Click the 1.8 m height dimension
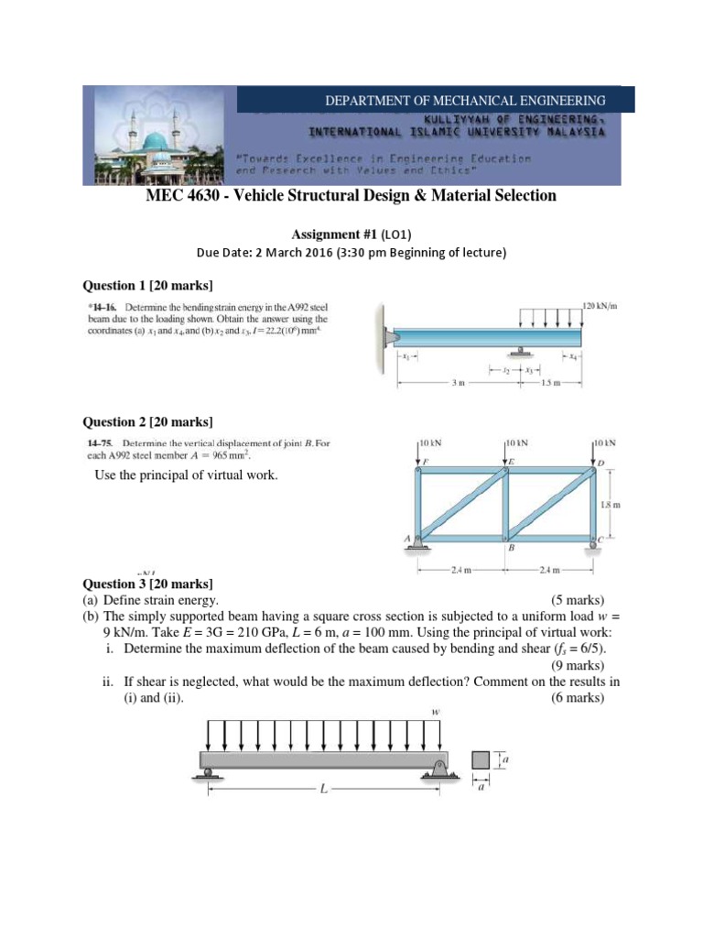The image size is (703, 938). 611,504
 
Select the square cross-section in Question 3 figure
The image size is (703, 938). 481,759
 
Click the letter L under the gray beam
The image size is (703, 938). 322,789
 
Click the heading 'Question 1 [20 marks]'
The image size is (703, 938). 147,285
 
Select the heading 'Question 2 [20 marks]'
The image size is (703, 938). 147,421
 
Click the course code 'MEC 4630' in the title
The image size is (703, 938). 178,196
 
